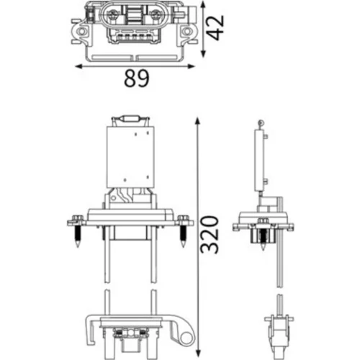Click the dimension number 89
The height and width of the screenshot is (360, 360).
[137, 78]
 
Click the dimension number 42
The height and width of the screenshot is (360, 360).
[215, 27]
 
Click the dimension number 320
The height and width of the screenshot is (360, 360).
[210, 235]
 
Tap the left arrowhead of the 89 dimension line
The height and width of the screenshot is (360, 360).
[79, 66]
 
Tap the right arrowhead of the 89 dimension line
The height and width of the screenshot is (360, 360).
[191, 66]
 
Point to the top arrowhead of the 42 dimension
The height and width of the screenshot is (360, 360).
[203, 4]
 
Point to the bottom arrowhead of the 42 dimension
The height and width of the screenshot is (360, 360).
[203, 54]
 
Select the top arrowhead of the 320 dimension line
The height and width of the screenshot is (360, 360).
[197, 121]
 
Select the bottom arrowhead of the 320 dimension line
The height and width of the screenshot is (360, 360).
[198, 353]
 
